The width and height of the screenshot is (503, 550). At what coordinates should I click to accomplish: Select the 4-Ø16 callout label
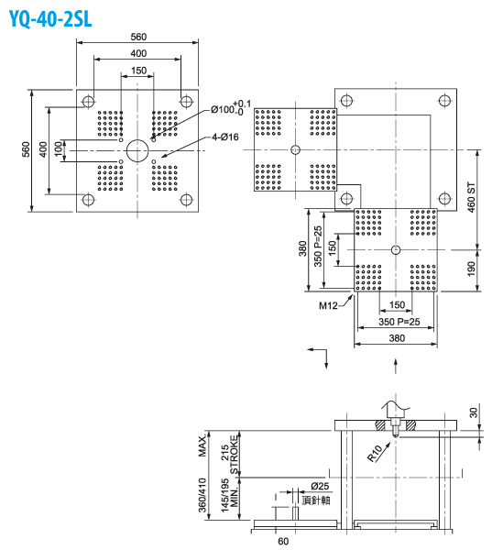pyautogui.click(x=224, y=137)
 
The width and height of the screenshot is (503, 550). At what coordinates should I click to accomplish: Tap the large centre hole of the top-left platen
pyautogui.click(x=137, y=149)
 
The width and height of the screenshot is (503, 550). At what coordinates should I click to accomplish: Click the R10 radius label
pyautogui.click(x=375, y=452)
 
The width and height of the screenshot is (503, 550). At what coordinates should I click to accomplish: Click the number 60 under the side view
pyautogui.click(x=283, y=541)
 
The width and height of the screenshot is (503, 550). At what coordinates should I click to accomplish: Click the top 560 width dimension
pyautogui.click(x=137, y=37)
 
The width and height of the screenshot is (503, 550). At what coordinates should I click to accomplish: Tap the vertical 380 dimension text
pyautogui.click(x=303, y=249)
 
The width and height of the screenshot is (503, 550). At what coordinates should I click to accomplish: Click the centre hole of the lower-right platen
pyautogui.click(x=396, y=250)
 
